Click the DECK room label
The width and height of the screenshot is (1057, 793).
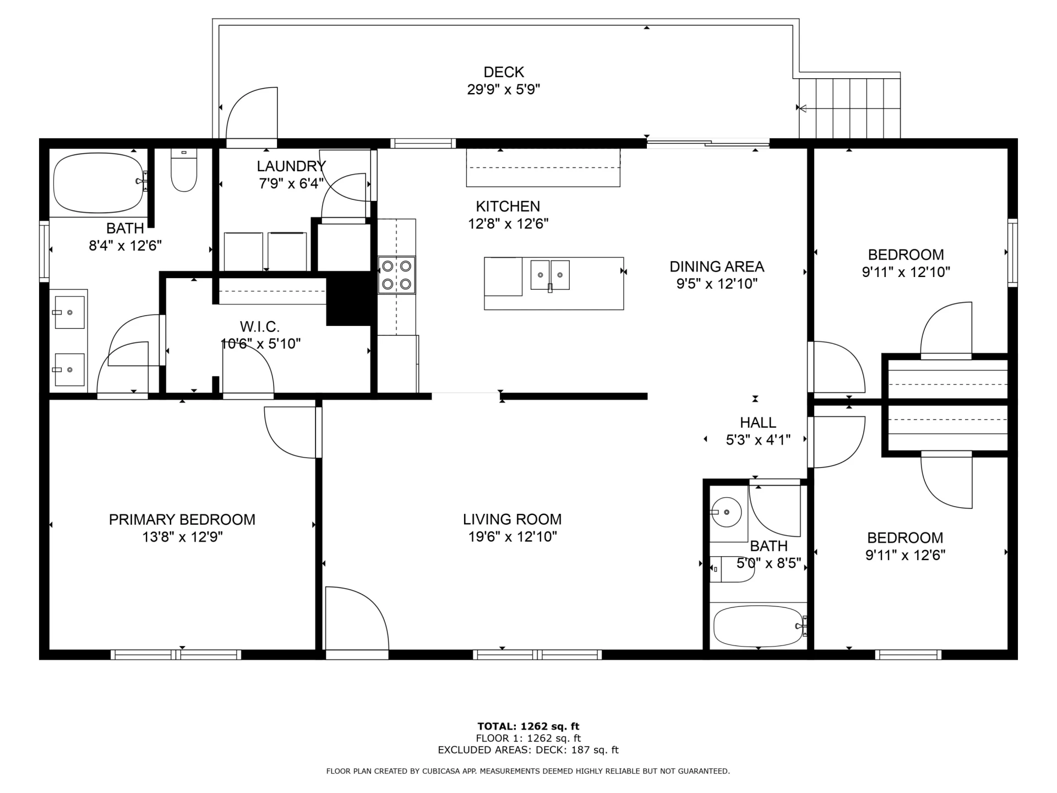coord(504,72)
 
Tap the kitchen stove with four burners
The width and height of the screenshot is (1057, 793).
coord(396,275)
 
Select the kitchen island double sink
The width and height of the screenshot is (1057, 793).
coord(550,275)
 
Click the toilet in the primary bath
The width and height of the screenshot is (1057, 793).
coord(184,170)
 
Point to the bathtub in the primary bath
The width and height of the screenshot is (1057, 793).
coord(100,183)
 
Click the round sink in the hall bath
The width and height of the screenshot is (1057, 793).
coord(726,512)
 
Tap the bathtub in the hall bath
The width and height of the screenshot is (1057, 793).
coord(759,626)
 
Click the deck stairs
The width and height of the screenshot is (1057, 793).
coord(849,108)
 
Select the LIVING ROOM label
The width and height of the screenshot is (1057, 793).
coord(512,519)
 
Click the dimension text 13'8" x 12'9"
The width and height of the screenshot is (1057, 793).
coord(182,537)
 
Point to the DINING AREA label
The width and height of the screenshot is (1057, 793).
coord(717,267)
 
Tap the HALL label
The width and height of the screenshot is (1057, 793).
coord(758,422)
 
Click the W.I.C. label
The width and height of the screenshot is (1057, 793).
coord(260,327)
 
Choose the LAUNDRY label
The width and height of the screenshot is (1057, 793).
coord(291,166)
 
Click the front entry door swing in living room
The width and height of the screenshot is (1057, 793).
coord(357,618)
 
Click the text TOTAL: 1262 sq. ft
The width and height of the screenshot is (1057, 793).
coord(528,726)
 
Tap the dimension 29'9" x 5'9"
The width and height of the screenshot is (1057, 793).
coord(504,90)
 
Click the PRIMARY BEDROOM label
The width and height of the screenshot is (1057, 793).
coord(182,520)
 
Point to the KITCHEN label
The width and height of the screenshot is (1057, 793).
coord(508,207)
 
